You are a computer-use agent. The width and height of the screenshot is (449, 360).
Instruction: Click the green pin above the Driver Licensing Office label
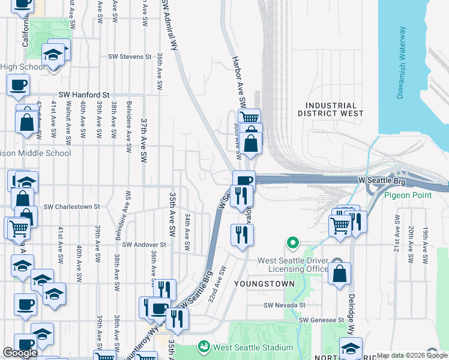click(x=292, y=243)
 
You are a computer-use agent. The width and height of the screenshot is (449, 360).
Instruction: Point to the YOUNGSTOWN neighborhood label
click(x=264, y=283)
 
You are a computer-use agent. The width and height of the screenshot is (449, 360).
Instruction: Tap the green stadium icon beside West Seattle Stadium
click(x=204, y=347)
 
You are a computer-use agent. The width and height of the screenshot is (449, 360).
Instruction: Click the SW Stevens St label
click(x=130, y=57)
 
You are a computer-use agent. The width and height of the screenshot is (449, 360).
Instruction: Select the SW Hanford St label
click(x=84, y=95)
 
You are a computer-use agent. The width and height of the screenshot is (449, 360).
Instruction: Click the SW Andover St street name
click(x=144, y=245)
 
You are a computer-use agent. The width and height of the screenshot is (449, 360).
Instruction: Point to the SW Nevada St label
click(x=286, y=305)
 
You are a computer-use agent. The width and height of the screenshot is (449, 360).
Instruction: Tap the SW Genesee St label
click(x=323, y=320)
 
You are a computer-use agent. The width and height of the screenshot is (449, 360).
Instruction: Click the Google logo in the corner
click(x=20, y=353)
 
